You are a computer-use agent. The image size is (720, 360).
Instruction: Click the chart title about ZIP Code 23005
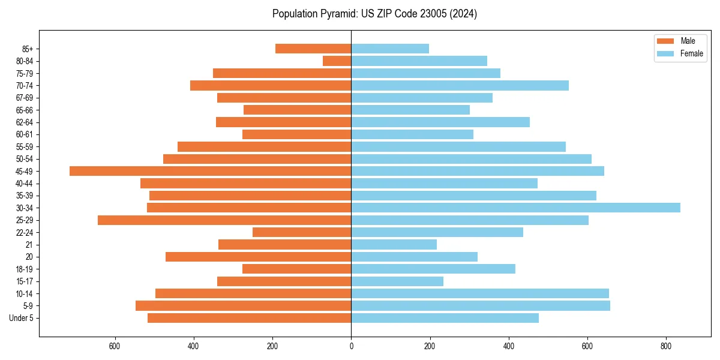point(374,14)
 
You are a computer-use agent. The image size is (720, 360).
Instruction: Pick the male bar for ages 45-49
point(210,171)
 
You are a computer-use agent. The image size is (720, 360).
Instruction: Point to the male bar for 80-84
point(337,61)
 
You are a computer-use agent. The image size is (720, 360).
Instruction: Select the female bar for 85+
point(390,49)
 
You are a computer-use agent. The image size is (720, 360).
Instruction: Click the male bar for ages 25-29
point(224,220)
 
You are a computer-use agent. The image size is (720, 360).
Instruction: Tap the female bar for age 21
point(394,245)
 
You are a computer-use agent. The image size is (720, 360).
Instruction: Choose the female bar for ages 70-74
point(460,85)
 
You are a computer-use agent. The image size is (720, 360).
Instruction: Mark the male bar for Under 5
point(249,318)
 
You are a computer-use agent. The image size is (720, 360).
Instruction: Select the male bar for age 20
point(258,257)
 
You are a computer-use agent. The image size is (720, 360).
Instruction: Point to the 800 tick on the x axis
point(665,346)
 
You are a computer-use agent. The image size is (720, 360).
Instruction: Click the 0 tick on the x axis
point(351,346)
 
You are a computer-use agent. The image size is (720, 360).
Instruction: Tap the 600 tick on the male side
point(115,346)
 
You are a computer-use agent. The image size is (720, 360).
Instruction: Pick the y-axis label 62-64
point(24,122)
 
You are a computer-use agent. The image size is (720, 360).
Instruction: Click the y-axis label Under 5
point(21,318)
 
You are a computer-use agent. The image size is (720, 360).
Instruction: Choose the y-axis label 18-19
point(24,269)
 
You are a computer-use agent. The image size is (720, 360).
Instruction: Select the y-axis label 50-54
point(24,159)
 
